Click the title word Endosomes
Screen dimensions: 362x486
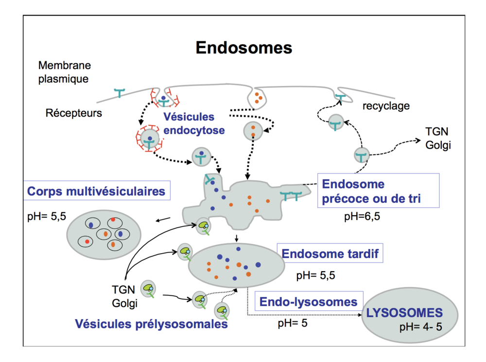point(243,48)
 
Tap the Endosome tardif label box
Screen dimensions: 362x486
point(330,254)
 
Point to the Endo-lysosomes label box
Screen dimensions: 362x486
point(309,302)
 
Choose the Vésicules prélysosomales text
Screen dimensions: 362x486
point(151,324)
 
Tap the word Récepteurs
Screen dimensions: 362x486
point(74,113)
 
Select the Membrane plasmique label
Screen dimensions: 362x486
point(64,71)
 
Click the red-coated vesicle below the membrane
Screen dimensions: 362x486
point(150,140)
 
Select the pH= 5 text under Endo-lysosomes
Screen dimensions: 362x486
point(293,322)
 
